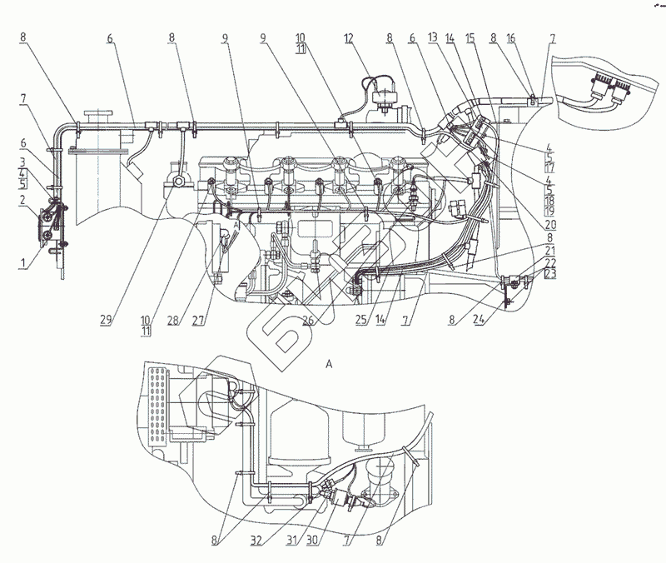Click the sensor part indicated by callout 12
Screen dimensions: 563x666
coord(384,98)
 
